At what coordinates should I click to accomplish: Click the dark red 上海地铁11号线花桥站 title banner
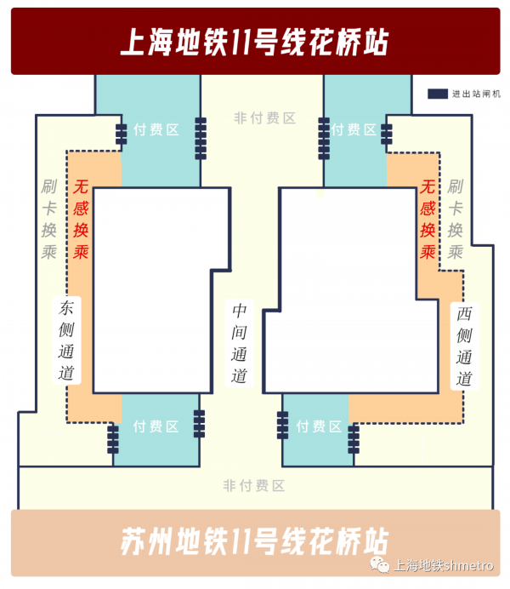click(255, 42)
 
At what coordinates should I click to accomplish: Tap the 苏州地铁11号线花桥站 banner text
click(255, 541)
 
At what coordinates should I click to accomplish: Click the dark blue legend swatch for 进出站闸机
click(438, 94)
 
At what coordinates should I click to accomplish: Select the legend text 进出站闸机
click(476, 94)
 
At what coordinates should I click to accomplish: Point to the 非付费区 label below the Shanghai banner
click(265, 118)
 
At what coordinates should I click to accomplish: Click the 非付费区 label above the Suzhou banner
click(254, 485)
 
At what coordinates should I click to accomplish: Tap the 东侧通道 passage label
click(66, 340)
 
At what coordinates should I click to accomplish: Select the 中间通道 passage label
click(239, 343)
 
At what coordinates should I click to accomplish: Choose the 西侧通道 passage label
click(464, 346)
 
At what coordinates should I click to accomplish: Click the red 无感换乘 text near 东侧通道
click(81, 219)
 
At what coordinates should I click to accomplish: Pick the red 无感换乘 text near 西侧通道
click(428, 219)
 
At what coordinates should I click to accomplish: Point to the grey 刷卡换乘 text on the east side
click(48, 219)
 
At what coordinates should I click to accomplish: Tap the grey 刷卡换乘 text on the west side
click(456, 219)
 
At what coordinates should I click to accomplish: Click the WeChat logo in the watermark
click(380, 565)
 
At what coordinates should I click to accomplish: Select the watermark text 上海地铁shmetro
click(443, 566)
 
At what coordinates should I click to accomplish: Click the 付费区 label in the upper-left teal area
click(156, 130)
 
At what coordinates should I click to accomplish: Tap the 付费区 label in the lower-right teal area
click(319, 426)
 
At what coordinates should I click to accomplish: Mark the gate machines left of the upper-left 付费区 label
click(121, 134)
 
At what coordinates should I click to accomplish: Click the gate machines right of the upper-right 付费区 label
click(387, 134)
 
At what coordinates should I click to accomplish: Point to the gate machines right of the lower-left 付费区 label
click(199, 424)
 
